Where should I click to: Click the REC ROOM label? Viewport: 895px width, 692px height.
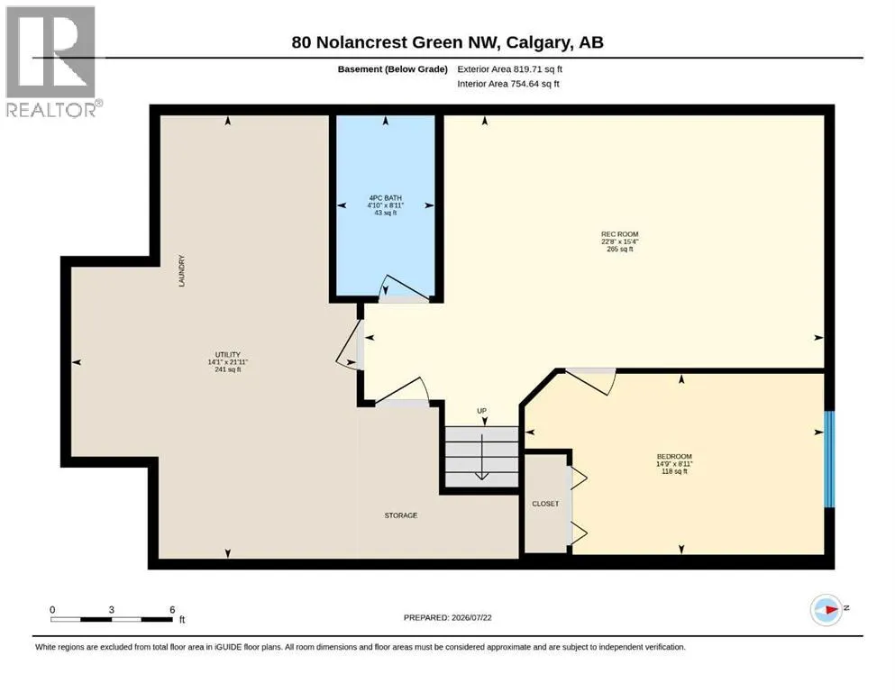(x=619, y=234)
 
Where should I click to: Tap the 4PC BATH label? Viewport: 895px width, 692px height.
(x=385, y=198)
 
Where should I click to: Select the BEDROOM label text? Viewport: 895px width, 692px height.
(x=674, y=457)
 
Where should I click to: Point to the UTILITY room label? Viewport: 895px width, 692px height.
(x=228, y=354)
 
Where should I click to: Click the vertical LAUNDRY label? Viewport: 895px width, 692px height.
(x=181, y=271)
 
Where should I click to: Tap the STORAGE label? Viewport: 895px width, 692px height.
(x=401, y=515)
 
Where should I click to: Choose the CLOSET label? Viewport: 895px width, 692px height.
(x=545, y=504)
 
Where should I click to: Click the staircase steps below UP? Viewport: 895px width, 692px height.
(x=481, y=457)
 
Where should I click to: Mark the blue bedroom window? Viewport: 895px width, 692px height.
(x=829, y=460)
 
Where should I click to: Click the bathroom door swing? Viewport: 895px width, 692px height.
(x=404, y=288)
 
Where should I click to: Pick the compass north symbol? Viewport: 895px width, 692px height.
(x=827, y=610)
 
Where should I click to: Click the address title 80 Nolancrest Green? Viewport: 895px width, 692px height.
(x=447, y=42)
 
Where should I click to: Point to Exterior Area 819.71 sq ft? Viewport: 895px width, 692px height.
(x=510, y=69)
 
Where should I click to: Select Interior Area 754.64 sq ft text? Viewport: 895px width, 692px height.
(x=508, y=84)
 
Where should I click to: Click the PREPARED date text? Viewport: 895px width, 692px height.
(x=447, y=617)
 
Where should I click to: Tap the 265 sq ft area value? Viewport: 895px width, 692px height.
(x=620, y=250)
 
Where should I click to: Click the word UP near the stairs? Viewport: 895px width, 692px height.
(x=481, y=411)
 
